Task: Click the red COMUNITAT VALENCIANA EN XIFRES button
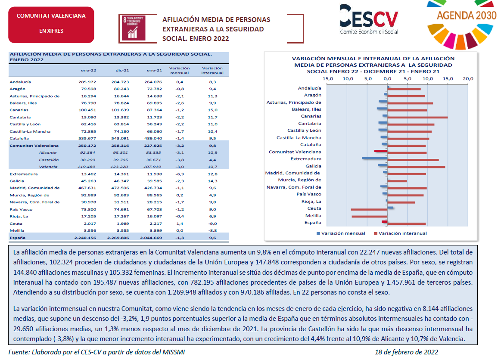51,25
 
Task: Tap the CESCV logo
369,19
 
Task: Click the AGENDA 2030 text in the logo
467,15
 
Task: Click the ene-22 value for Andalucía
87,82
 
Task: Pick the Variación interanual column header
212,71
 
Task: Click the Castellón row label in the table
49,160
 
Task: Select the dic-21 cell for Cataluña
120,138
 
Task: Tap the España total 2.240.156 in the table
85,238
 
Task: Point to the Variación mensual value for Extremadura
180,174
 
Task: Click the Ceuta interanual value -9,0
213,223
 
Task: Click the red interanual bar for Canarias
417,118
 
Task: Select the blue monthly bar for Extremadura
374,158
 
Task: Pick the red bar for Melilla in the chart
369,217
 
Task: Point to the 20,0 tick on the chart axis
468,78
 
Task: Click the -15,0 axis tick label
327,78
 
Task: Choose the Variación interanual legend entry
400,233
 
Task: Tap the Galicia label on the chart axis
314,166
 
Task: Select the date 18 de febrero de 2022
406,352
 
